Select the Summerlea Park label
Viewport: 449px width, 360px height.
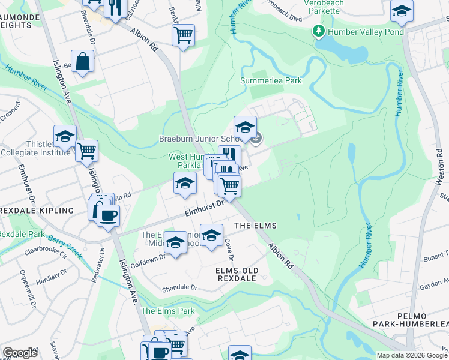tap(271, 80)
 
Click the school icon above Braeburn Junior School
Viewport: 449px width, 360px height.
tap(245, 128)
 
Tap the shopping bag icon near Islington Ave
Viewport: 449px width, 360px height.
tap(82, 61)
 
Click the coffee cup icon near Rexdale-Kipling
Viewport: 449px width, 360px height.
tap(108, 215)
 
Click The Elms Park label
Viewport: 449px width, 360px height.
tap(168, 311)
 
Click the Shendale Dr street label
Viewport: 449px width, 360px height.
tap(179, 287)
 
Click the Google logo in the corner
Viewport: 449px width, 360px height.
tap(20, 352)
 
